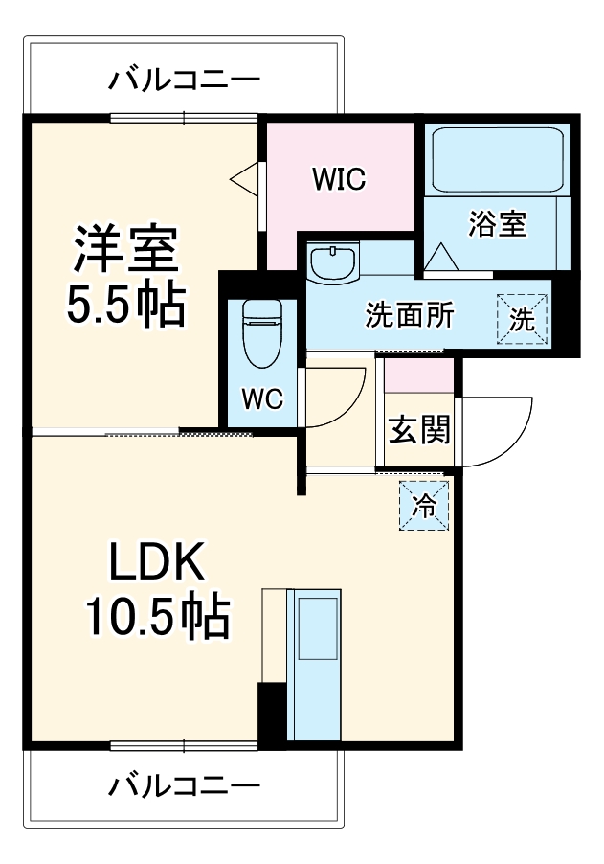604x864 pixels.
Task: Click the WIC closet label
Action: (x=339, y=179)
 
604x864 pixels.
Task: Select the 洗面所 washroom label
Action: (x=409, y=316)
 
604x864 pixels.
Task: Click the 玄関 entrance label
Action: (x=418, y=431)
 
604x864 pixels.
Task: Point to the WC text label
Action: (x=261, y=399)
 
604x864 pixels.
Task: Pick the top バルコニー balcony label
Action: (x=183, y=78)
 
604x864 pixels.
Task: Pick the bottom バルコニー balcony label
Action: (x=183, y=787)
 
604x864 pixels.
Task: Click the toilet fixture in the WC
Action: (x=259, y=335)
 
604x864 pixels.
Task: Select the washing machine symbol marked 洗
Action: (x=522, y=319)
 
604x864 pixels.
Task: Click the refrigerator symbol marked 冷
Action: (x=423, y=506)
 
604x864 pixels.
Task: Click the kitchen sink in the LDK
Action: (x=315, y=628)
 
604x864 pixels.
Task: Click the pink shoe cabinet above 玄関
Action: (x=418, y=375)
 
